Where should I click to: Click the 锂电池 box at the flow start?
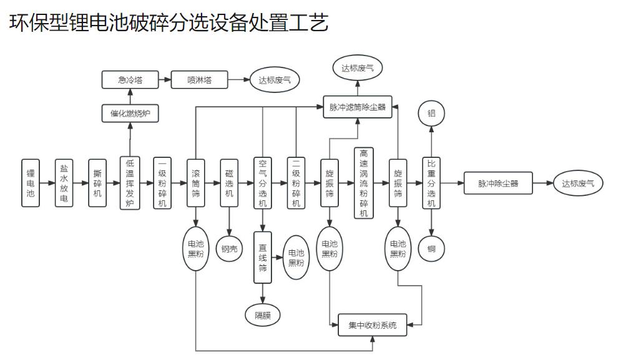30,183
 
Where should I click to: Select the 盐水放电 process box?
64,183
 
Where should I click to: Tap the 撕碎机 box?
97,183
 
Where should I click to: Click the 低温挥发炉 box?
130,183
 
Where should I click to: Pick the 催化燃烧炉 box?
130,114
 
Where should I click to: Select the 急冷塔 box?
130,80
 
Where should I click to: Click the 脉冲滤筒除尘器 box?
358,107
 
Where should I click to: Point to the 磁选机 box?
229,183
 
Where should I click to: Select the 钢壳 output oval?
229,248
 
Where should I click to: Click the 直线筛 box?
263,257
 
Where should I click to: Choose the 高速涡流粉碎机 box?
363,183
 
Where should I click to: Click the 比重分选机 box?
431,183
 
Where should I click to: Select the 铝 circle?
431,114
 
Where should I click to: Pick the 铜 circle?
431,248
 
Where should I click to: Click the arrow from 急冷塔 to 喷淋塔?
164,80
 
